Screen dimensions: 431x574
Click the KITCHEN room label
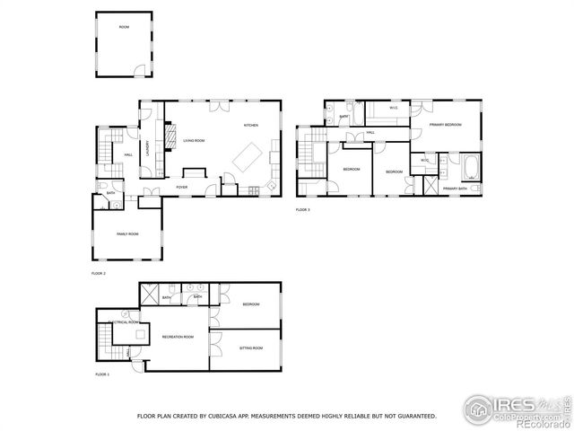[252, 126]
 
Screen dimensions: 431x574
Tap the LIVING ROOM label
[195, 141]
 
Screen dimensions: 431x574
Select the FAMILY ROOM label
[127, 233]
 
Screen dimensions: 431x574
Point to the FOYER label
[181, 187]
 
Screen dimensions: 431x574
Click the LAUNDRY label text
[148, 148]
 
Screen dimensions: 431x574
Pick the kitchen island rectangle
[248, 159]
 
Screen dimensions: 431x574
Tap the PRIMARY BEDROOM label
[445, 125]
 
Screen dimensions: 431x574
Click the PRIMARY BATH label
[455, 189]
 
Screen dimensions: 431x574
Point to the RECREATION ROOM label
[177, 337]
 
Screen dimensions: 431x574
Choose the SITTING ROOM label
[251, 347]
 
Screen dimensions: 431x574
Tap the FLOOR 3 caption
[303, 209]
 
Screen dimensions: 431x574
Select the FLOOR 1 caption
[101, 374]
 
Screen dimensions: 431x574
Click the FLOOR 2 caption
[99, 272]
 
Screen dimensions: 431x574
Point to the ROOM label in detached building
[125, 28]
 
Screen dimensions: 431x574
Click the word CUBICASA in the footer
[226, 416]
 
